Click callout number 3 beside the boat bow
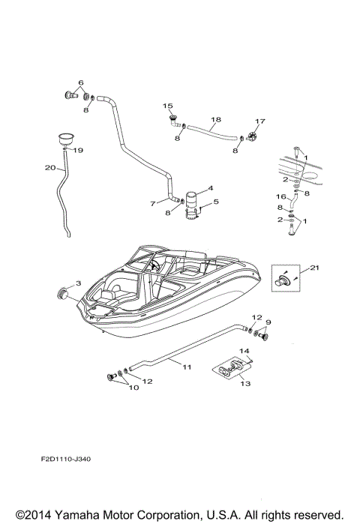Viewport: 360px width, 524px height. point(78,283)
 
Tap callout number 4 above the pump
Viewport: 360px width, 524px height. point(210,187)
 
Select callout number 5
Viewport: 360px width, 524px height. point(216,202)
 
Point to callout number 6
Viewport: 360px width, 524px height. point(81,82)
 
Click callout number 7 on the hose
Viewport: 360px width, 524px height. point(152,203)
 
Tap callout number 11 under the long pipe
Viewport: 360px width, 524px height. point(187,367)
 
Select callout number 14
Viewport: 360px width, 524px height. point(244,351)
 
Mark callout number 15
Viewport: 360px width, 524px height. point(168,106)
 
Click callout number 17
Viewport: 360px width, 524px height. point(260,121)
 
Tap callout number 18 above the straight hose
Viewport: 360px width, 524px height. point(216,120)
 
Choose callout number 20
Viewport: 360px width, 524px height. point(49,168)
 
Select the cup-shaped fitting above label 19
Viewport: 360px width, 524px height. point(67,139)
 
